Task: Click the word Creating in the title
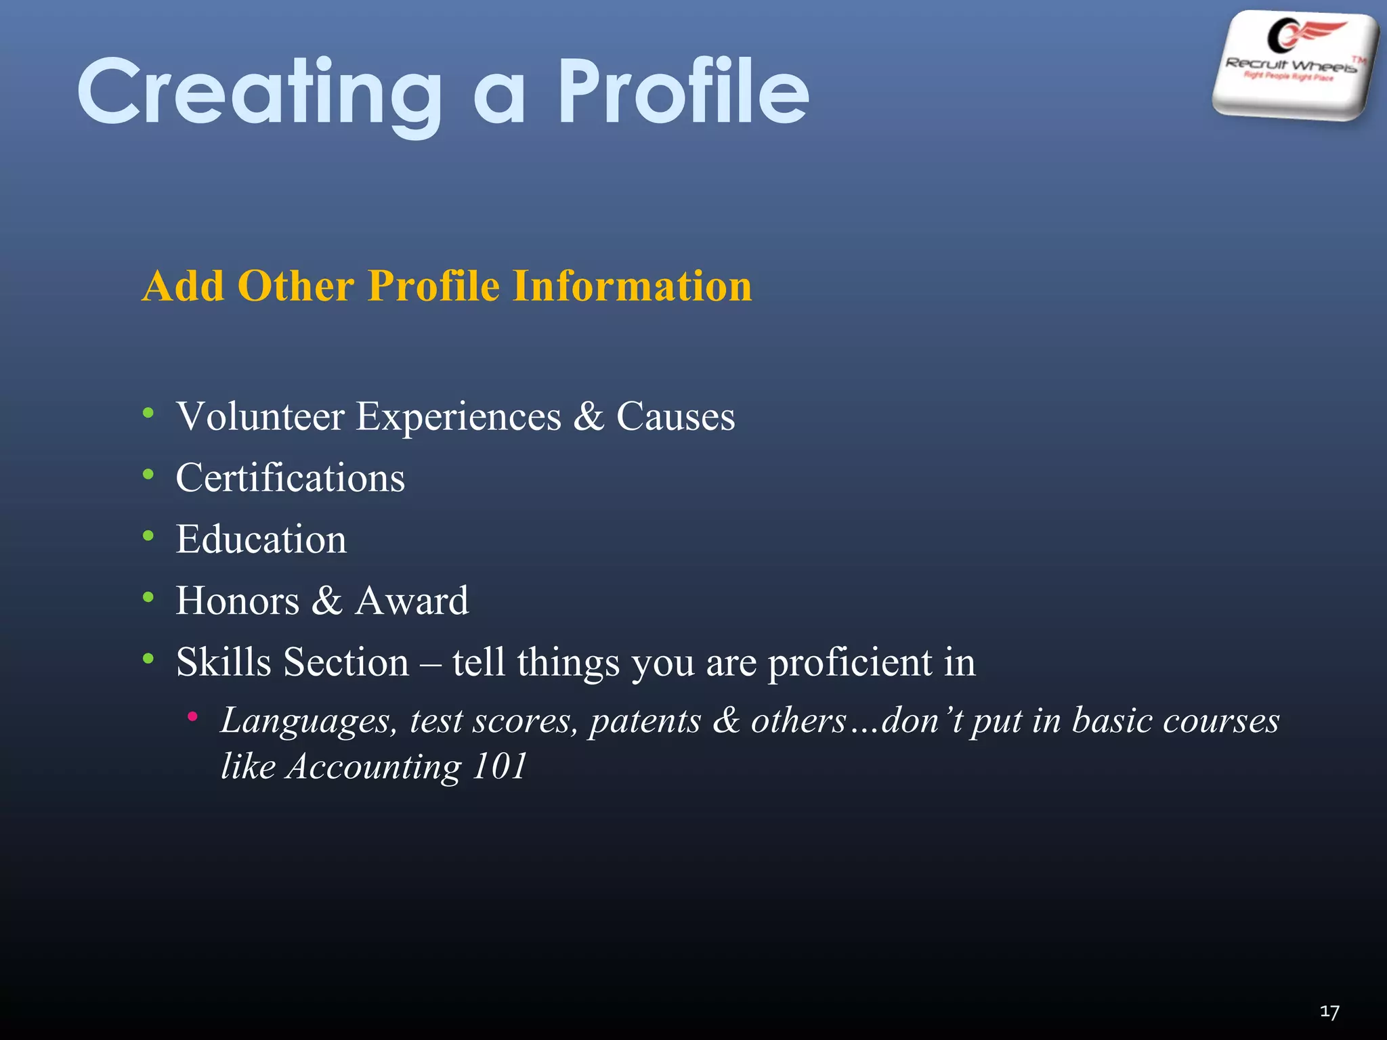pos(261,93)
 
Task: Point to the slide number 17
pos(1329,1012)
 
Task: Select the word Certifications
pos(290,477)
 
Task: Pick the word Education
pos(261,539)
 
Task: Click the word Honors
pos(237,601)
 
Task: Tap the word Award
pos(412,601)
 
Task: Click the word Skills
pos(223,662)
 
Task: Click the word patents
pos(645,720)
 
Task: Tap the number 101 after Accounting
pos(500,766)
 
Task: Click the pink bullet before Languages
pos(193,716)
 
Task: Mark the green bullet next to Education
pos(148,536)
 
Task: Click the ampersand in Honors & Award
pos(327,601)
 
